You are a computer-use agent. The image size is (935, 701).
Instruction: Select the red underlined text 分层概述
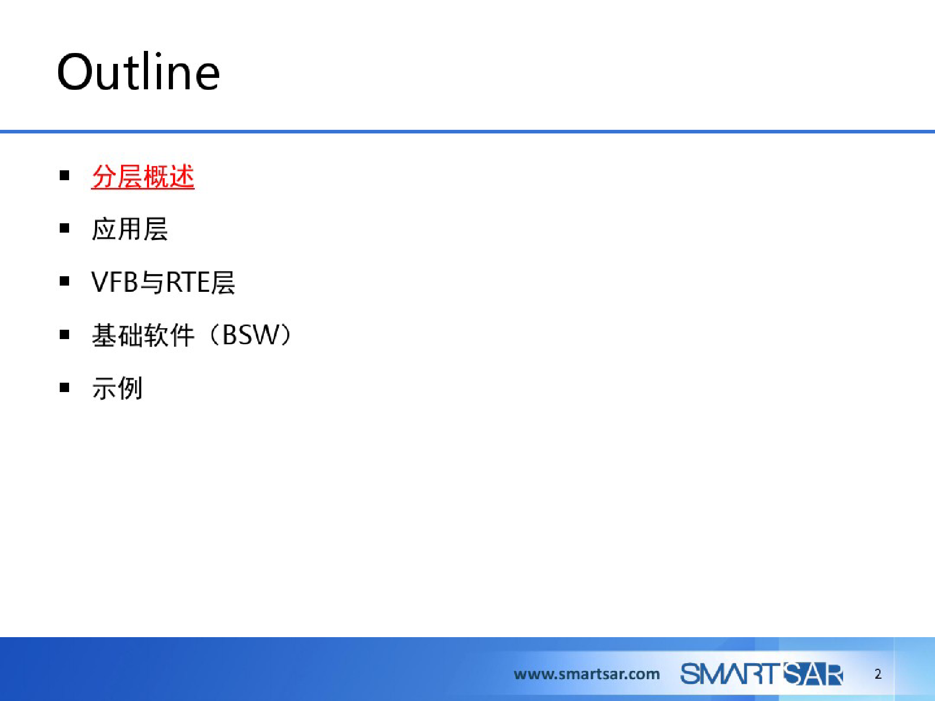pos(143,177)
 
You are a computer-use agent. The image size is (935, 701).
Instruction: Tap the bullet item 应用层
pos(130,229)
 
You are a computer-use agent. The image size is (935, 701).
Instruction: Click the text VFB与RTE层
pos(163,282)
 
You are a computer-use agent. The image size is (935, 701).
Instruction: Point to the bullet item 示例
pos(117,388)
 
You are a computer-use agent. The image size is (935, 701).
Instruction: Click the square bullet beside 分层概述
pos(64,176)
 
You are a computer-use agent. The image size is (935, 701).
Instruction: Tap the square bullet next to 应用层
pos(64,228)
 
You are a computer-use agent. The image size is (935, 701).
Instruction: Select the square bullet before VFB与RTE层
pos(64,281)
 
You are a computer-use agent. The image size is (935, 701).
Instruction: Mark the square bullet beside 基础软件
pos(64,334)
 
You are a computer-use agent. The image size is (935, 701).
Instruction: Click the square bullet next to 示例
pos(64,387)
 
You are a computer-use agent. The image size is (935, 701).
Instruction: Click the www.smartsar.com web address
pos(587,674)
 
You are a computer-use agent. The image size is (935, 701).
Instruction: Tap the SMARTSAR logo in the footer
pos(762,674)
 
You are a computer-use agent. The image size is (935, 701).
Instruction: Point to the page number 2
pos(878,674)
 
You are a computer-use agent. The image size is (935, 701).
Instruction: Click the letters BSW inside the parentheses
pos(251,335)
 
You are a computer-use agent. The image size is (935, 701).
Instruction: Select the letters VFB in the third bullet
pos(115,282)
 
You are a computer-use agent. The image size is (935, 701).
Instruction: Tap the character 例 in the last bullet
pos(130,388)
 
